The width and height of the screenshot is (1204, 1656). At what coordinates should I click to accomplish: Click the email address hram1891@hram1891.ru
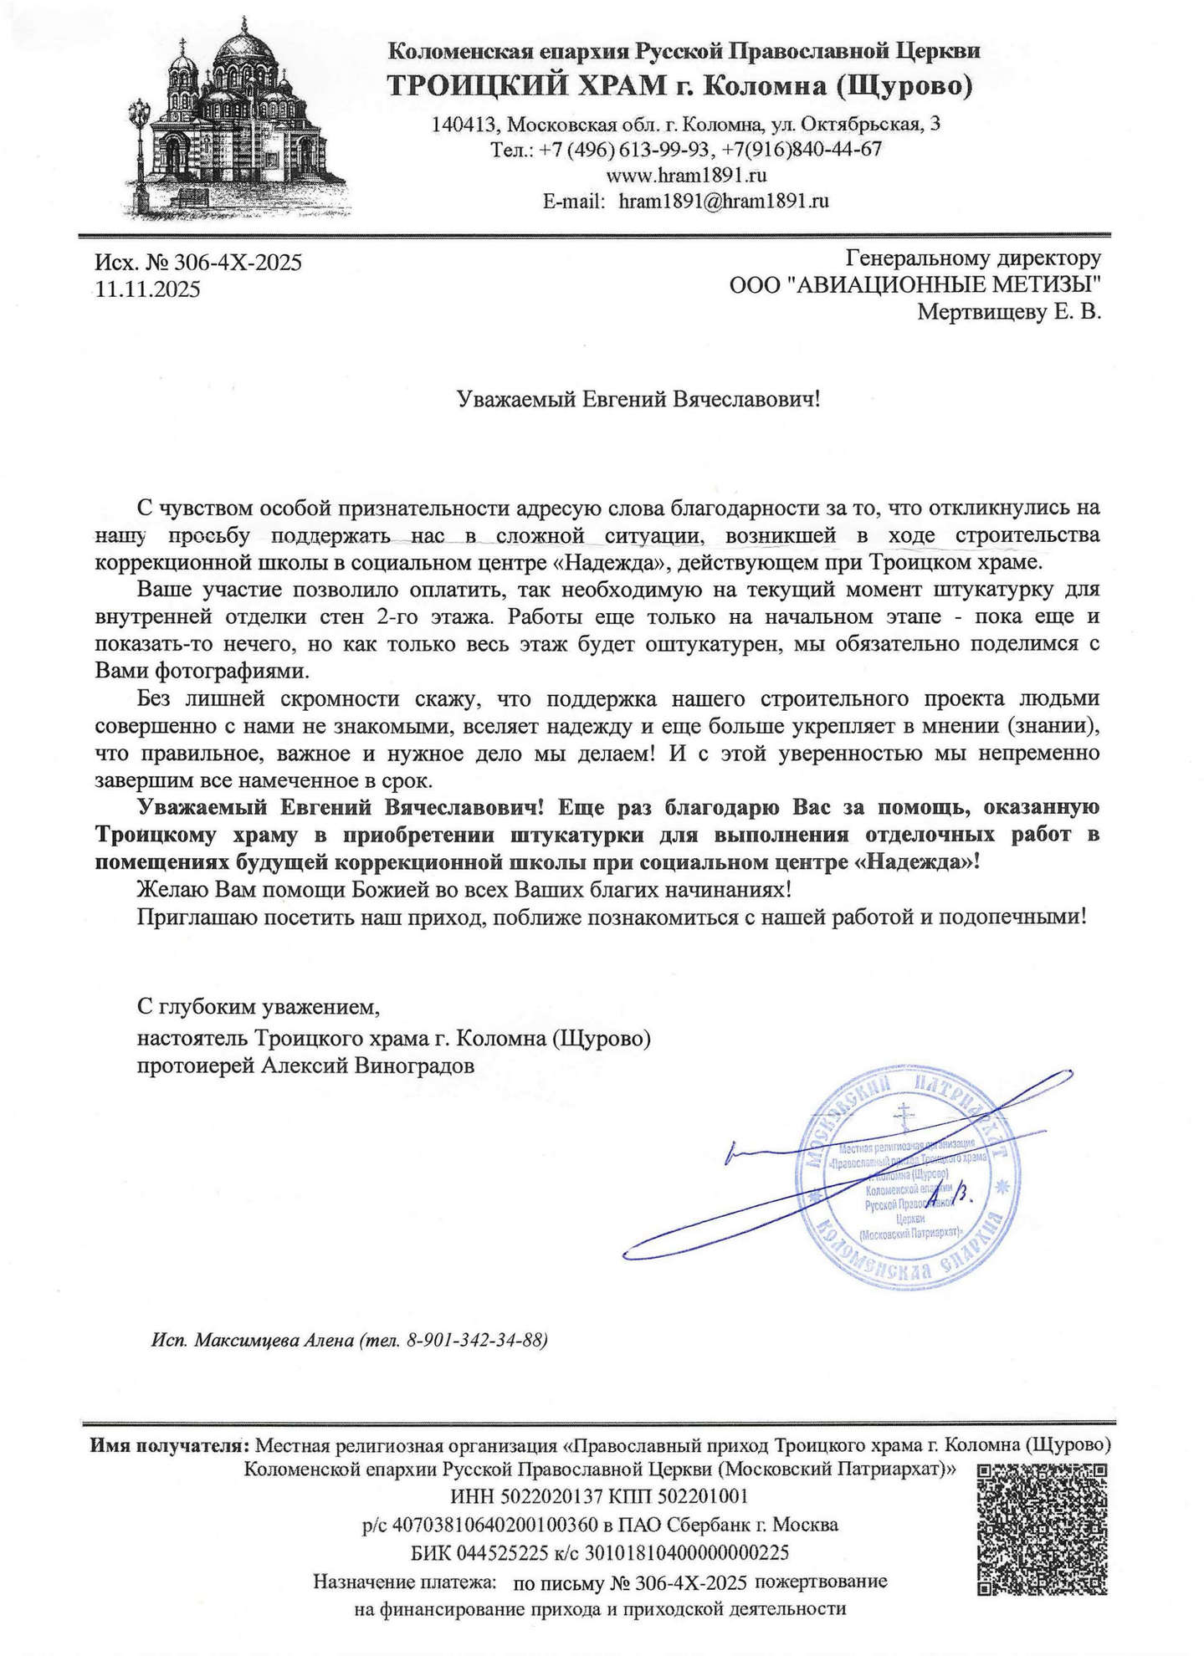(724, 202)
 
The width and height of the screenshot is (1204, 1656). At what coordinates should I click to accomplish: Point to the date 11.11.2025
(148, 290)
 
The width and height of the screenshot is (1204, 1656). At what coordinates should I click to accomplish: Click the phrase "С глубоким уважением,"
(259, 1009)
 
